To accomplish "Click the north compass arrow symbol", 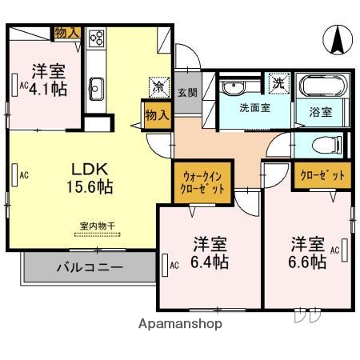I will pyautogui.click(x=337, y=38).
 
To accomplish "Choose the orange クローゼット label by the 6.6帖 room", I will pyautogui.click(x=322, y=175).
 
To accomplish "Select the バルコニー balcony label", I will pyautogui.click(x=90, y=266).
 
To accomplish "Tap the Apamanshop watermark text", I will pyautogui.click(x=180, y=324).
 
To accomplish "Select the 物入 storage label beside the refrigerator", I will pyautogui.click(x=157, y=115).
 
